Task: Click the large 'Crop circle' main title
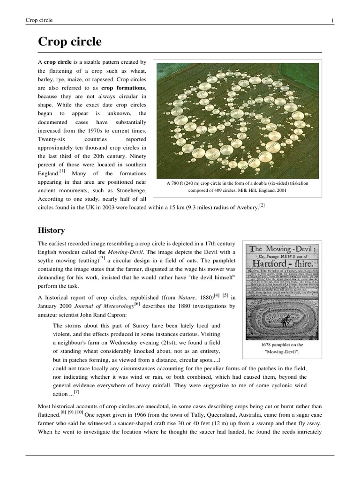pyautogui.click(x=70, y=42)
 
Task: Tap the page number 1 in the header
pyautogui.click(x=332, y=20)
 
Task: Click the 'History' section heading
pyautogui.click(x=51, y=231)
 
